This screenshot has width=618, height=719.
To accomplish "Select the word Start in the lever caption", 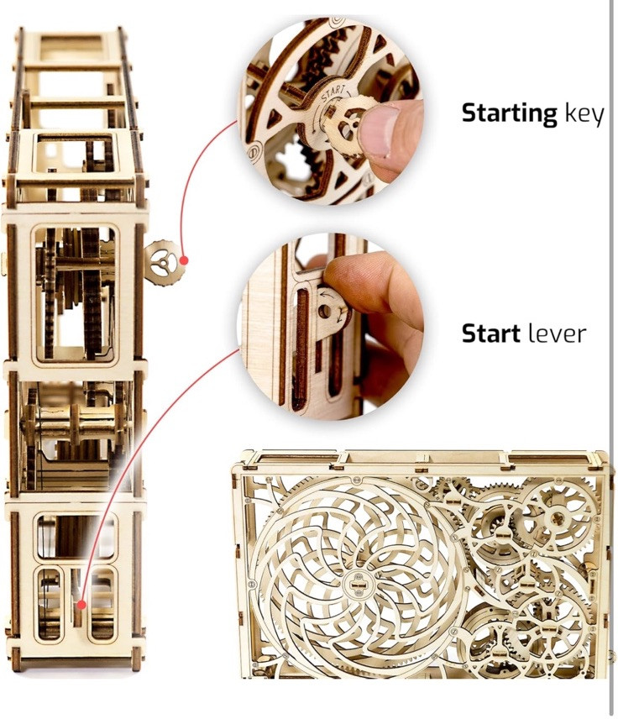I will (x=492, y=333).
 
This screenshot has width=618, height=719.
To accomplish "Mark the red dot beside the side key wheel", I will (x=184, y=261).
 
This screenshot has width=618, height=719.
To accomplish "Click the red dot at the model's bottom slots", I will (x=81, y=603).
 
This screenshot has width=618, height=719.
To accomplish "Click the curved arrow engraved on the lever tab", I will (x=322, y=295).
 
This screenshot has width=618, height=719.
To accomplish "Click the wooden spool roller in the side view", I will (x=71, y=424).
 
